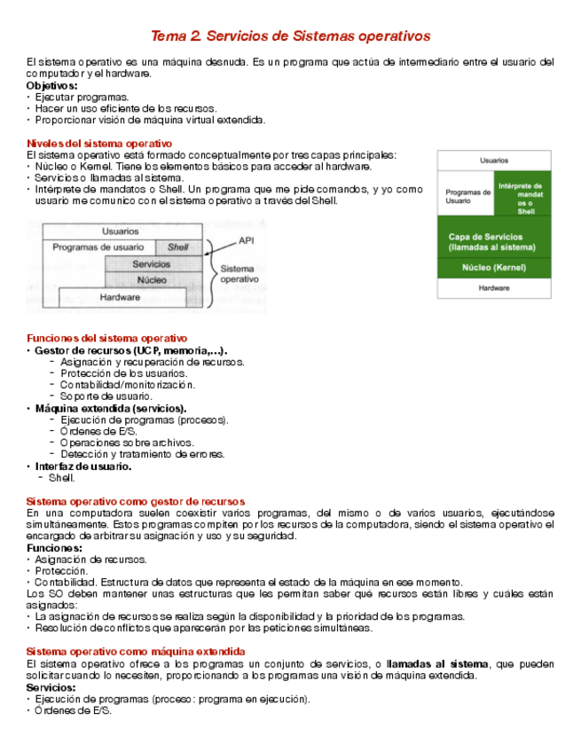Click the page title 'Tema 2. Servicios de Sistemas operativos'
(x=290, y=36)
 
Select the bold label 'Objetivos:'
(x=52, y=86)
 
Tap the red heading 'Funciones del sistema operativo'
(x=107, y=338)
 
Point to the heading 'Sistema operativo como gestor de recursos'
(x=136, y=501)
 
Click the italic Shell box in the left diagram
(x=177, y=247)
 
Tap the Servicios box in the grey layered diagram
(x=152, y=264)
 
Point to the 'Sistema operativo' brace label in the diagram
(x=239, y=273)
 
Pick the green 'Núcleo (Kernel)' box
(x=493, y=267)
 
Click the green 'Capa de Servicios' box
(x=493, y=242)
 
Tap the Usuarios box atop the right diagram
(x=493, y=161)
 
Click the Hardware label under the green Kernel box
(x=493, y=288)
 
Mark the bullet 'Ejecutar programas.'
(x=82, y=98)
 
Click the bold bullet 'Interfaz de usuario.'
(x=83, y=466)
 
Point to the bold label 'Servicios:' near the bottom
(x=51, y=687)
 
